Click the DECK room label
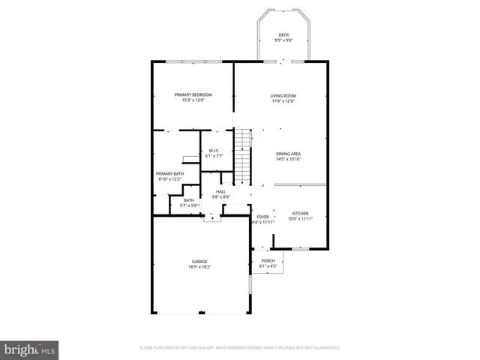point(283,35)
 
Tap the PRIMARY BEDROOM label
point(193,94)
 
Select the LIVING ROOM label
point(283,95)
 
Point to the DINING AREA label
point(288,154)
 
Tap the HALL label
point(220,192)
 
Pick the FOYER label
point(262,217)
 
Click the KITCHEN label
point(300,214)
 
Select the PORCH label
point(268,261)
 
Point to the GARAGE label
point(199,261)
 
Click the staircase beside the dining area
point(242,154)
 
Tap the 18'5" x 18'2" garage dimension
point(199,266)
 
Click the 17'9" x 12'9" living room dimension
point(283,100)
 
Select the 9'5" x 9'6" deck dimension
point(283,40)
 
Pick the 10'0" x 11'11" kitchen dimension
point(300,219)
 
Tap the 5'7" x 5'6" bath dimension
point(188,205)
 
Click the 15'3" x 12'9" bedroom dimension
point(193,100)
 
